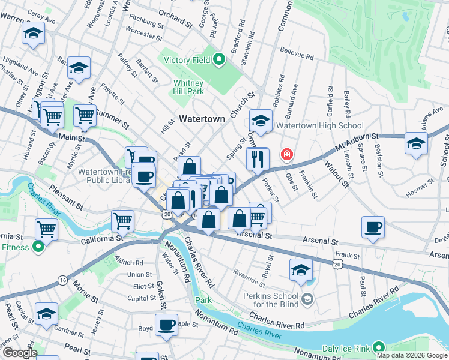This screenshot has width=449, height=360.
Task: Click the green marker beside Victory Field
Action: (219, 59)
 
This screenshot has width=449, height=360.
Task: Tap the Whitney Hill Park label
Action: (188, 87)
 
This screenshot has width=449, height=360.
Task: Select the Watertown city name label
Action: (202, 119)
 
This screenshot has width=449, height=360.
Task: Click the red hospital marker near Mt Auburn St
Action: (287, 155)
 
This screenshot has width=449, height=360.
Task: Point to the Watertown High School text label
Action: (320, 126)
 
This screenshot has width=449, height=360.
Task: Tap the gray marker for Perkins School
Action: (307, 298)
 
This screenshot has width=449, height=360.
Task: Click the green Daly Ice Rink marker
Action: (379, 347)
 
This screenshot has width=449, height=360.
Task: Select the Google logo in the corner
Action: (19, 353)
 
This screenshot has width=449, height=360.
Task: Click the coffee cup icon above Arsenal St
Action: (373, 227)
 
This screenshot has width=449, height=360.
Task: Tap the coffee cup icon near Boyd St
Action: (166, 325)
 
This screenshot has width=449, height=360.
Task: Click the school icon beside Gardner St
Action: (46, 314)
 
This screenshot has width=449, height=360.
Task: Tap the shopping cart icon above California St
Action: (122, 220)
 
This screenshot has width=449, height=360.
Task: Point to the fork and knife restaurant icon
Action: (257, 159)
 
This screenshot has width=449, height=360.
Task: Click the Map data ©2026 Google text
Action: (411, 355)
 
